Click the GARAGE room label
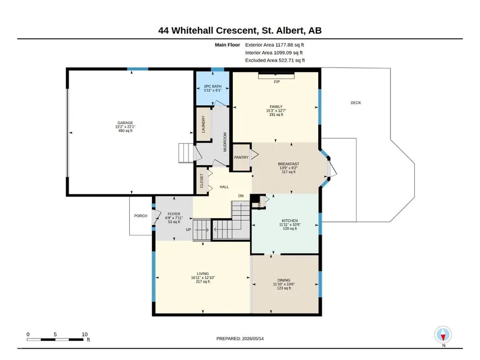[125, 123]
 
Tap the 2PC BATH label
[212, 86]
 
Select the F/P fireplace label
[277, 82]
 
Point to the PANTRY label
[241, 158]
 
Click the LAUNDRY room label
[203, 124]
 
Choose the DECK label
[355, 103]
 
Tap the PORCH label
[141, 216]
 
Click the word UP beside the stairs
[189, 230]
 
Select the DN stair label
[241, 196]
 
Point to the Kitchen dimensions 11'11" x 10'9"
[290, 224]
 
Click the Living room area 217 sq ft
[202, 281]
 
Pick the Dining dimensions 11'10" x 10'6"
[284, 284]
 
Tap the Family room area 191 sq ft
[276, 115]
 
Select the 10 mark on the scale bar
[85, 334]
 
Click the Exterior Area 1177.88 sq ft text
[274, 45]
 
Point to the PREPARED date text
[240, 338]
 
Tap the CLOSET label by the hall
[202, 181]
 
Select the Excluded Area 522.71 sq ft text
[275, 60]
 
